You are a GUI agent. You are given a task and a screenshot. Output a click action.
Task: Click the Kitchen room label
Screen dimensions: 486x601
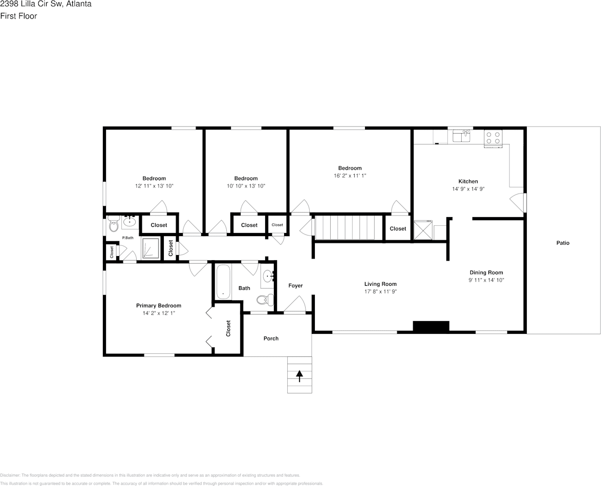pyautogui.click(x=468, y=181)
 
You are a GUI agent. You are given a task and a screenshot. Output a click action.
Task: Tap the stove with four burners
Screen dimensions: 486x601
pyautogui.click(x=493, y=138)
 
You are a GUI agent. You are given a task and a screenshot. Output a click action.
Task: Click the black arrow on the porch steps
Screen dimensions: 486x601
pyautogui.click(x=299, y=376)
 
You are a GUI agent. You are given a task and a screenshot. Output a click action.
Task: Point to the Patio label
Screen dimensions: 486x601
pyautogui.click(x=563, y=243)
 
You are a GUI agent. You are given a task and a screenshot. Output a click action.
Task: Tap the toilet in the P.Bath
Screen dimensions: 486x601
pyautogui.click(x=113, y=225)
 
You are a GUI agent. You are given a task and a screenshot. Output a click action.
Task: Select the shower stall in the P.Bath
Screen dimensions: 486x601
pyautogui.click(x=151, y=248)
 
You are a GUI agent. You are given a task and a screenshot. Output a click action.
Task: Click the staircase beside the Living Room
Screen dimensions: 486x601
pyautogui.click(x=349, y=227)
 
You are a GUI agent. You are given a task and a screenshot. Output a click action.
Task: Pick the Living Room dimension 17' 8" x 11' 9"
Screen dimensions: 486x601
pyautogui.click(x=380, y=291)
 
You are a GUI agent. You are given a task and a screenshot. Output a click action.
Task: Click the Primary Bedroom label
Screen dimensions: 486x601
pyautogui.click(x=159, y=306)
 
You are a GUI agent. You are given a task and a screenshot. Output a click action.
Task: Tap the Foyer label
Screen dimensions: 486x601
pyautogui.click(x=295, y=286)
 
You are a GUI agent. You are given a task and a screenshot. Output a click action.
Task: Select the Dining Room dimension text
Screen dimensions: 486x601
pyautogui.click(x=486, y=280)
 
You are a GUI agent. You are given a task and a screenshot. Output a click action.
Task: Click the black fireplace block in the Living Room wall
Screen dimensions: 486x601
pyautogui.click(x=431, y=326)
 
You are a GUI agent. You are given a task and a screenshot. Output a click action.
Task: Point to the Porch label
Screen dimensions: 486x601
pyautogui.click(x=271, y=339)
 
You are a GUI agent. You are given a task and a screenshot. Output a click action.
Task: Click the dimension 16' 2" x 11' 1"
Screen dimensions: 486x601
pyautogui.click(x=350, y=176)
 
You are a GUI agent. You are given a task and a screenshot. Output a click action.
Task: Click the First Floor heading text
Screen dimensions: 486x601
pyautogui.click(x=18, y=16)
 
